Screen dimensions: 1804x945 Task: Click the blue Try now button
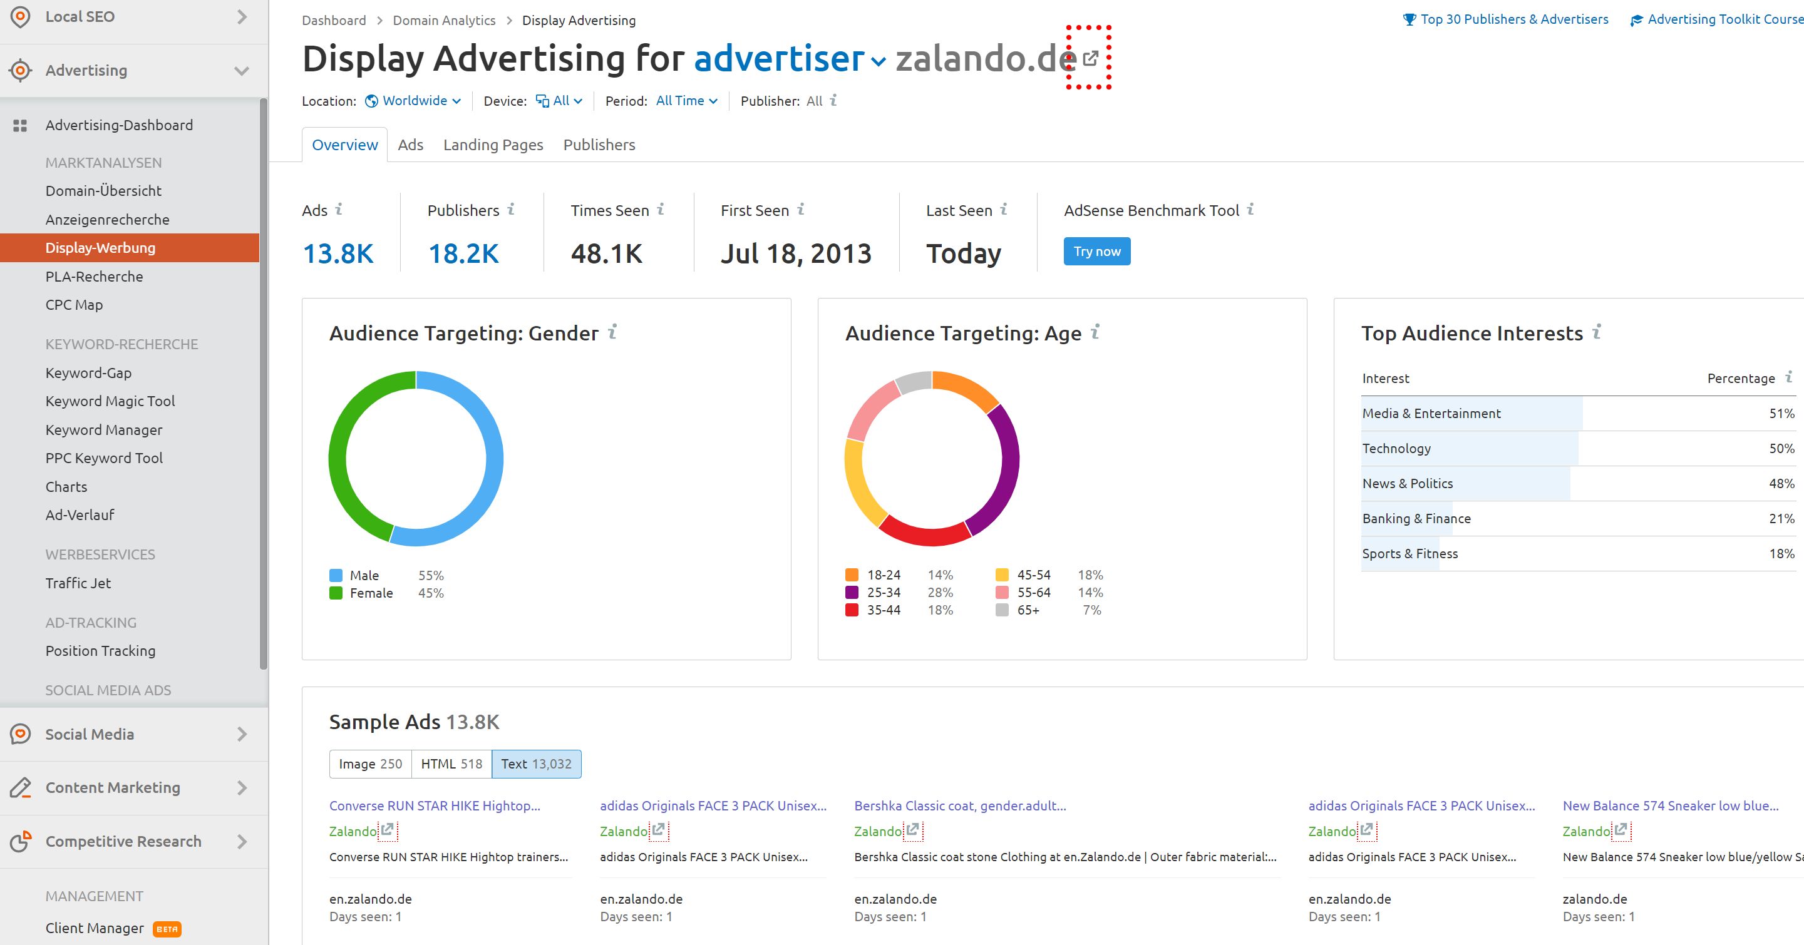(x=1096, y=252)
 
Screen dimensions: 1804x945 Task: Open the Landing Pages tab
(x=493, y=145)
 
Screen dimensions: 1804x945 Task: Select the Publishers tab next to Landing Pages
(x=599, y=145)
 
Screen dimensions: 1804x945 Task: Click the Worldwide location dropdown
(x=414, y=101)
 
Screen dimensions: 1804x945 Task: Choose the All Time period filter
(x=686, y=101)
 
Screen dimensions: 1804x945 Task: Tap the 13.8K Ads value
(x=338, y=253)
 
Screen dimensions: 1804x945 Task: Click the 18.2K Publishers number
(x=463, y=253)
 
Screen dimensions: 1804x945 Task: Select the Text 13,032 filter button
(x=537, y=764)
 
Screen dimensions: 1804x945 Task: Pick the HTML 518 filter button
(x=451, y=764)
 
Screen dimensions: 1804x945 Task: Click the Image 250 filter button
(x=371, y=764)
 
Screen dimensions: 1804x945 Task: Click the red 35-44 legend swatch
(x=852, y=610)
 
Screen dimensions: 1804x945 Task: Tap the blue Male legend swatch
(x=336, y=575)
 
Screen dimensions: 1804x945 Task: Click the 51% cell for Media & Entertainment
(x=1781, y=414)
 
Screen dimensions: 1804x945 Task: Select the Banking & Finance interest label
(x=1416, y=519)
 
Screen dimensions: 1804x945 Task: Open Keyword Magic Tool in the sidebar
(x=110, y=401)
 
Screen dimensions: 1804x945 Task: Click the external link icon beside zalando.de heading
(x=1090, y=59)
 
